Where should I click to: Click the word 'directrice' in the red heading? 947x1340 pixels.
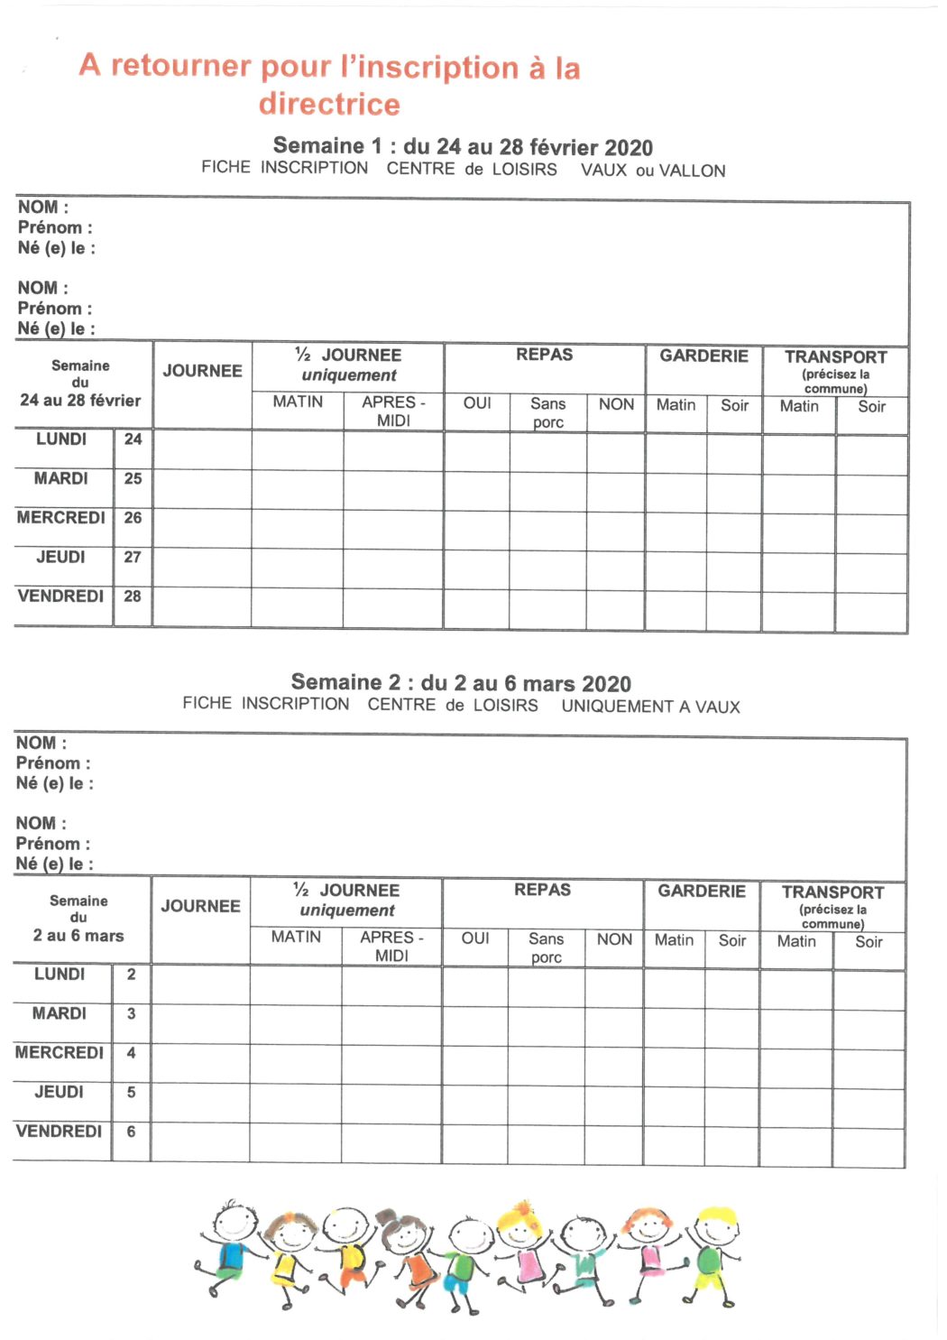tap(329, 105)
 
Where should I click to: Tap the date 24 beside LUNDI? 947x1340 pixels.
tap(133, 439)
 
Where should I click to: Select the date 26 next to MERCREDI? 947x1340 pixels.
tap(133, 518)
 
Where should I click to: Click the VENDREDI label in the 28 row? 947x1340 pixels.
tap(60, 596)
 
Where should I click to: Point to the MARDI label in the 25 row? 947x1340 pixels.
tap(60, 479)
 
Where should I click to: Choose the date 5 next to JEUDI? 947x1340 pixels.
tap(131, 1093)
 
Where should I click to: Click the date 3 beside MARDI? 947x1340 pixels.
tap(131, 1014)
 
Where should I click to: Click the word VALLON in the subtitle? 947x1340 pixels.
tap(692, 171)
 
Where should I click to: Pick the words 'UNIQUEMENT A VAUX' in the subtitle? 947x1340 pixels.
tap(650, 707)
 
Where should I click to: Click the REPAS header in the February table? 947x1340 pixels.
tap(544, 356)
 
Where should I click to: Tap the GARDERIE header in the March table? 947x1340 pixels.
tap(701, 892)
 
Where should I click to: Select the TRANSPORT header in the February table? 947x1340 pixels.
tap(835, 357)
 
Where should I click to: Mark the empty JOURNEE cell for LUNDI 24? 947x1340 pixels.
tap(202, 449)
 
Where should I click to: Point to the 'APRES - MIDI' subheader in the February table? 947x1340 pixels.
tap(393, 411)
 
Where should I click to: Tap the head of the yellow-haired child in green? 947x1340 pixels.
tap(718, 1225)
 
